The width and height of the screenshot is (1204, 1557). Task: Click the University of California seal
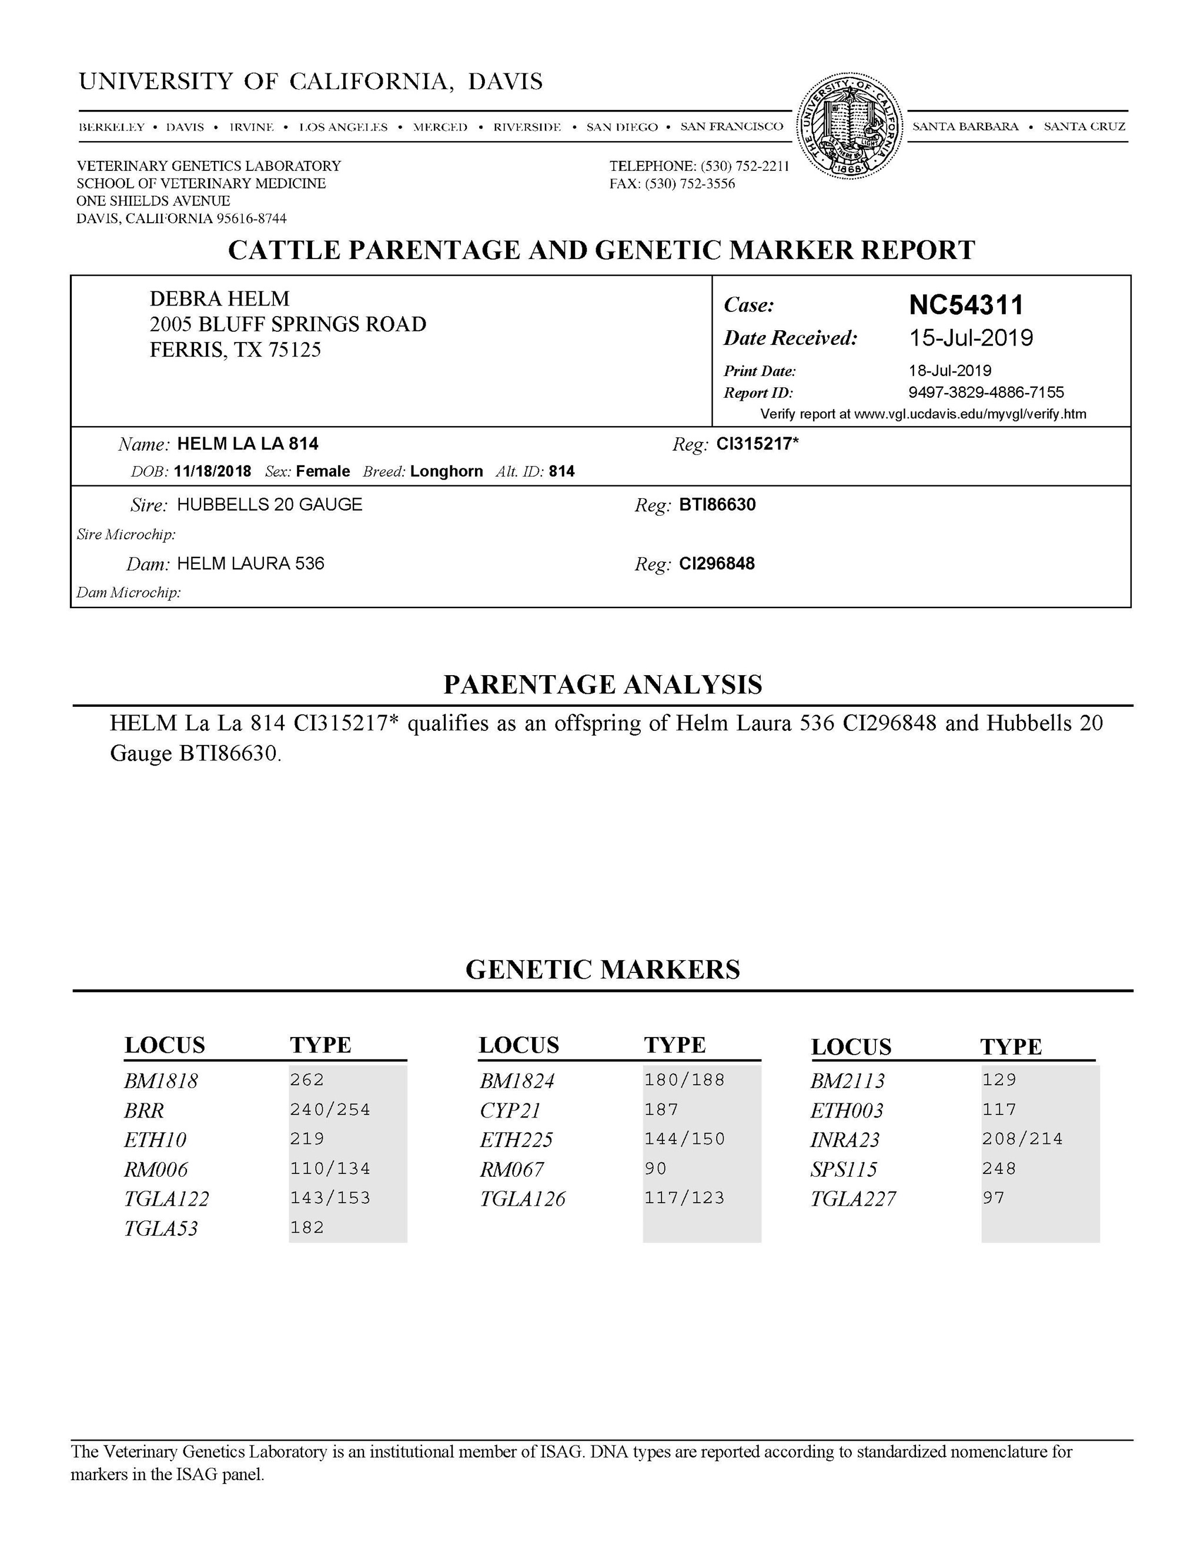coord(849,127)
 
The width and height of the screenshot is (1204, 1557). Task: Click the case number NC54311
coord(966,305)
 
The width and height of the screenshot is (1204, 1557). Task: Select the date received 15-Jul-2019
coord(971,338)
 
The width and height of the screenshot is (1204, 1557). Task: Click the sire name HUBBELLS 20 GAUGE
coord(270,505)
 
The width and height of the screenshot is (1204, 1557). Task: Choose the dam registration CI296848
coord(717,564)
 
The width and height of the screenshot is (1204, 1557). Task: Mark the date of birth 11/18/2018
coord(213,471)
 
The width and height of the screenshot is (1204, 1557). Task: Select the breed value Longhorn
coord(447,471)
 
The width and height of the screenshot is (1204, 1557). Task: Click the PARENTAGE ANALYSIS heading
coord(603,684)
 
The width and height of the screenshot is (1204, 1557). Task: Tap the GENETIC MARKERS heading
coord(603,969)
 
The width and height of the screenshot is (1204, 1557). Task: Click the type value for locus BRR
coord(330,1110)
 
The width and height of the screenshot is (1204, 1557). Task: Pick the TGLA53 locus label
coord(161,1229)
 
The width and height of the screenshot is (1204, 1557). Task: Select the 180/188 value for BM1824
coord(685,1080)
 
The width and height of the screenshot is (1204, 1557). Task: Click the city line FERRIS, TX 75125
coord(235,350)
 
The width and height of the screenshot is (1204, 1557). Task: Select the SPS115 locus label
coord(844,1169)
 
